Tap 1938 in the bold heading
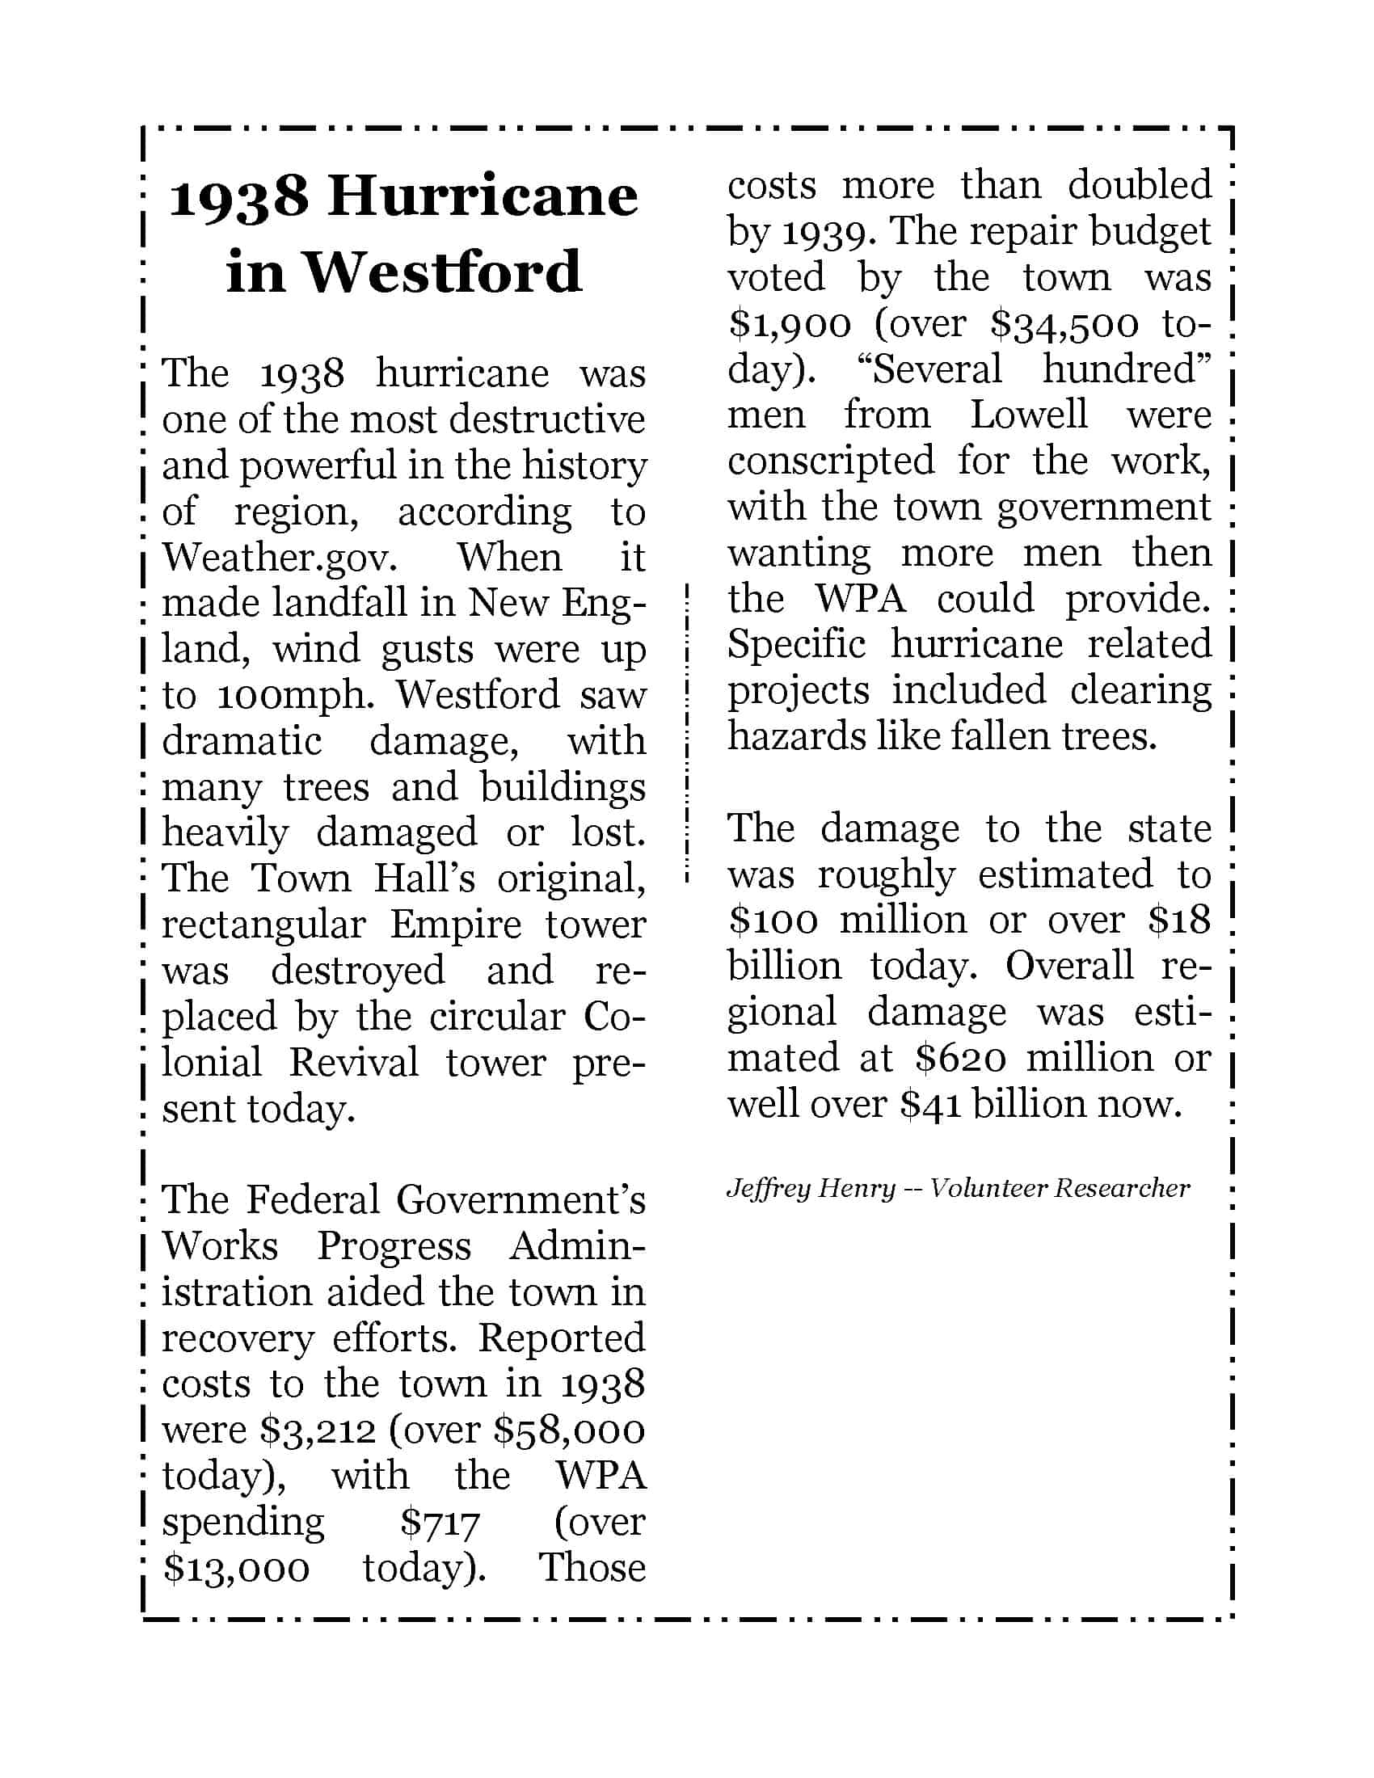coord(238,198)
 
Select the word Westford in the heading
coord(443,271)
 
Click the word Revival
coord(353,1063)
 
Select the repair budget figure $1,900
coord(789,325)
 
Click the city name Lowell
coord(1028,415)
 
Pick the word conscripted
coord(830,461)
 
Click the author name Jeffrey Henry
coord(810,1190)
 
